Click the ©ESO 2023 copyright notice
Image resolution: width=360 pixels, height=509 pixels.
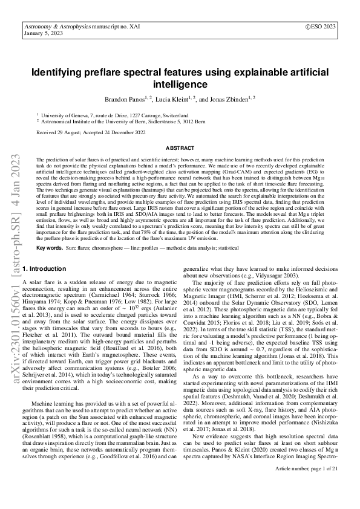click(x=322, y=27)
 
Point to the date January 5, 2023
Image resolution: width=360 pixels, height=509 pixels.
click(x=41, y=34)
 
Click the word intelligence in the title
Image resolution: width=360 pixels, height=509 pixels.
click(x=180, y=84)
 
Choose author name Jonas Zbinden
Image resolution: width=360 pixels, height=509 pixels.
click(x=231, y=99)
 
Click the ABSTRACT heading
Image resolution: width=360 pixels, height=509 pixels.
click(x=180, y=148)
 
